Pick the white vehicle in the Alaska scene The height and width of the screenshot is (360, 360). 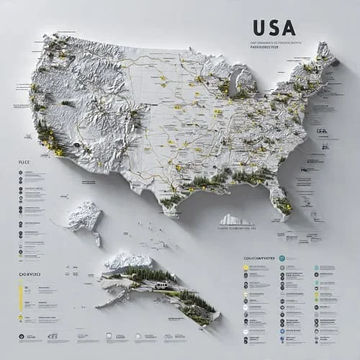(x=163, y=286)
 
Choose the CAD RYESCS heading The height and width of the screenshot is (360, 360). (x=28, y=274)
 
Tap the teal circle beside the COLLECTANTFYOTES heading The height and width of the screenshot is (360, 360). (x=282, y=258)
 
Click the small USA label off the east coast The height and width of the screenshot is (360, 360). (x=322, y=130)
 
